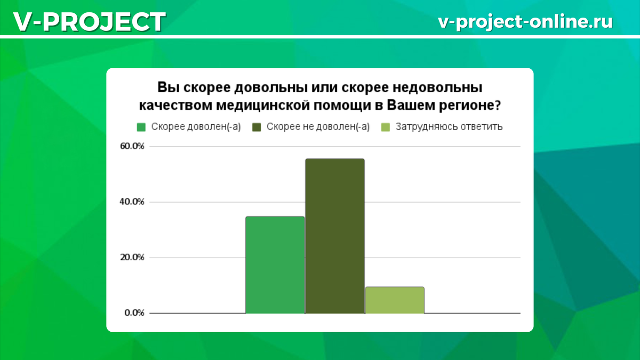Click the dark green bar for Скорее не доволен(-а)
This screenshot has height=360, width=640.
point(334,236)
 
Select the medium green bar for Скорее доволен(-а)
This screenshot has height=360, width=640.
point(275,265)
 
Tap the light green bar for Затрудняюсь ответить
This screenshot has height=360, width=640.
point(395,300)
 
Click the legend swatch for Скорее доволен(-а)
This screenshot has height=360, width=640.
point(141,127)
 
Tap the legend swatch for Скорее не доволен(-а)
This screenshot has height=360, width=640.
point(257,127)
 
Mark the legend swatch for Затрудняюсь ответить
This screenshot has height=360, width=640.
point(385,127)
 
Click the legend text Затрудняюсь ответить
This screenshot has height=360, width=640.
point(449,127)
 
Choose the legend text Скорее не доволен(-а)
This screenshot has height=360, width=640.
point(318,127)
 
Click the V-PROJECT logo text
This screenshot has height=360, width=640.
point(89,22)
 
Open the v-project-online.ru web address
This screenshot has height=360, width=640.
point(525,22)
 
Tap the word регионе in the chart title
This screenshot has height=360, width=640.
point(469,105)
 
